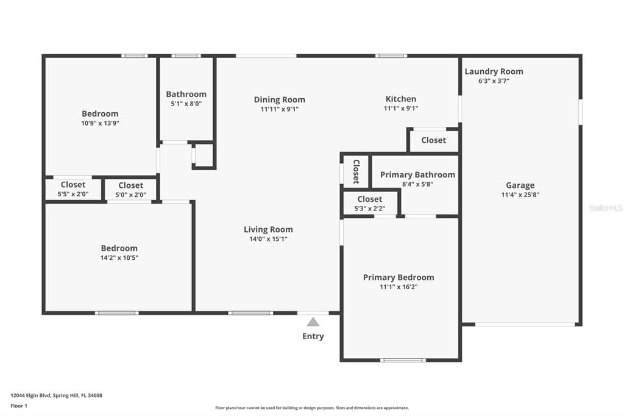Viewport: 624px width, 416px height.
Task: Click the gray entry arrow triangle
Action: pos(313,322)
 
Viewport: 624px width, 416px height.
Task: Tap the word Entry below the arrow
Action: pos(313,336)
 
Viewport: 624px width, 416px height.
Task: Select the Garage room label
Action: pos(520,185)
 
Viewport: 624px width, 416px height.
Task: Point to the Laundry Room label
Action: pos(494,71)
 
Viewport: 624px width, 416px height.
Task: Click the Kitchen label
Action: pos(401,99)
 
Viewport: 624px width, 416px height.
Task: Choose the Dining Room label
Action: pos(279,99)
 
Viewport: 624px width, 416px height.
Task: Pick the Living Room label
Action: pos(268,229)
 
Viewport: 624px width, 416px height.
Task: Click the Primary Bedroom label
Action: pos(399,278)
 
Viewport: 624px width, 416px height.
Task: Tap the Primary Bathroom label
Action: pos(417,174)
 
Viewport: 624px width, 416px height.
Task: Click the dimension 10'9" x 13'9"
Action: pos(101,124)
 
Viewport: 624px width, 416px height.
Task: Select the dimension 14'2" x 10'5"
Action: pos(119,258)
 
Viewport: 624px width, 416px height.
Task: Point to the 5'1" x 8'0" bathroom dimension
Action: pos(186,104)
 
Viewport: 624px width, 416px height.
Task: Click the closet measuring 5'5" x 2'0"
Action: pos(73,189)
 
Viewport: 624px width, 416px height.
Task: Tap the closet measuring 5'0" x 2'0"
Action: pos(131,190)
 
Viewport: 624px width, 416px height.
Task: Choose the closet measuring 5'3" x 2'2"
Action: pos(370,203)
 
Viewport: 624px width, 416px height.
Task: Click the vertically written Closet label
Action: pos(356,172)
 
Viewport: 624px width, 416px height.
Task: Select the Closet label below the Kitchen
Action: pos(434,140)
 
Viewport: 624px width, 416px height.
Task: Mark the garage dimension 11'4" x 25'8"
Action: pos(520,195)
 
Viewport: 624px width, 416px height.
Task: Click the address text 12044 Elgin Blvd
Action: pos(30,396)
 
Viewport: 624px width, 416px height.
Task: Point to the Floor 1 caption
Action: pos(19,406)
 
